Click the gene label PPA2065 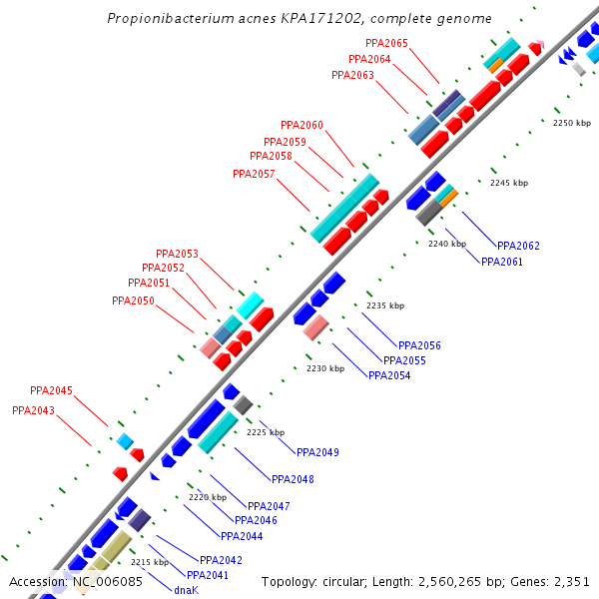point(386,43)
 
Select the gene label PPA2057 point(254,174)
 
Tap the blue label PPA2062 point(518,246)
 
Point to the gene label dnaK point(186,590)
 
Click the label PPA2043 point(33,410)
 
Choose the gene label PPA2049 point(316,452)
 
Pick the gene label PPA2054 point(389,375)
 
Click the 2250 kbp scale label point(572,123)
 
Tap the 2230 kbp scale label point(324,368)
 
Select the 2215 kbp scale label point(150,562)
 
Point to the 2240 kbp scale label point(446,244)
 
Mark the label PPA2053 point(177,254)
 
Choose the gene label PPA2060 point(301,125)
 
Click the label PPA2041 point(207,575)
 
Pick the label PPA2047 point(269,506)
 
